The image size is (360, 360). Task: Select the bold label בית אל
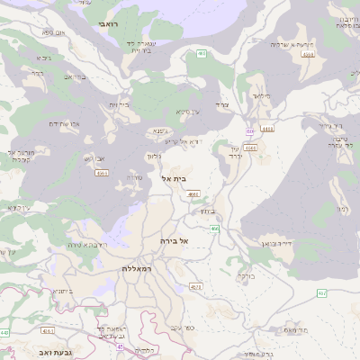(x=178, y=179)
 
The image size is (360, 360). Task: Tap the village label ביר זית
(x=119, y=105)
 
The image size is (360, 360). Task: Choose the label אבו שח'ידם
(x=63, y=124)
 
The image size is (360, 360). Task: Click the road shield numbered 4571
(x=196, y=287)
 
